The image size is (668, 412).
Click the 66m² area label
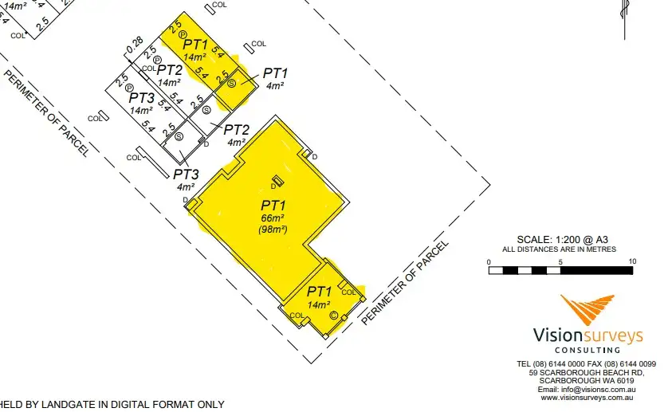coord(272,218)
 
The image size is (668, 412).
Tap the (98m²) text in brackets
coord(272,230)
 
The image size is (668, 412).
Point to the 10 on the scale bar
coord(631,261)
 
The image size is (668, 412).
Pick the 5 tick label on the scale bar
coord(560,261)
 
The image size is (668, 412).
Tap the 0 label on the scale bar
coord(489,261)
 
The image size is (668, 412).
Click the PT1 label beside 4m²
coord(275,73)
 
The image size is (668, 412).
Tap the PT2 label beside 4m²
coord(237,130)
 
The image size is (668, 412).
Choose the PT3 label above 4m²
coord(186,174)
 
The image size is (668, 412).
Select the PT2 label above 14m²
coord(170,70)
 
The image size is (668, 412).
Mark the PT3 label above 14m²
coord(142,98)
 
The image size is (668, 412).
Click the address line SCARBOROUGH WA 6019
coord(587,380)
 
